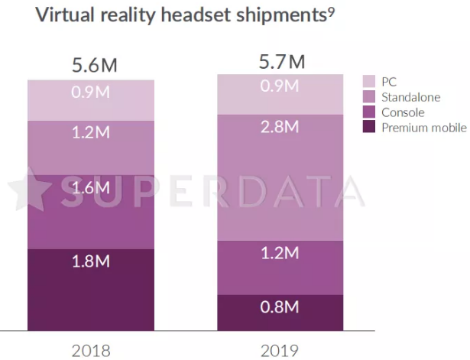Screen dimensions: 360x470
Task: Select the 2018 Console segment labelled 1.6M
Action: coord(91,211)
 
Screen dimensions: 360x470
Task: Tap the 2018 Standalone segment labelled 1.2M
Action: coord(91,148)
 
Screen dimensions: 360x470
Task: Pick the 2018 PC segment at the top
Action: coord(91,100)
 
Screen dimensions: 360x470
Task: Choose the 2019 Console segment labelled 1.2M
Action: coord(280,267)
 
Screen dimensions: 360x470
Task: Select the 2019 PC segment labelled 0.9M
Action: coord(280,94)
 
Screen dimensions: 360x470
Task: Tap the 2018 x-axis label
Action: coord(91,351)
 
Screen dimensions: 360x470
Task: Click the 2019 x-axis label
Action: coord(279,351)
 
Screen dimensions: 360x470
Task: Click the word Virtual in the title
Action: coord(66,16)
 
